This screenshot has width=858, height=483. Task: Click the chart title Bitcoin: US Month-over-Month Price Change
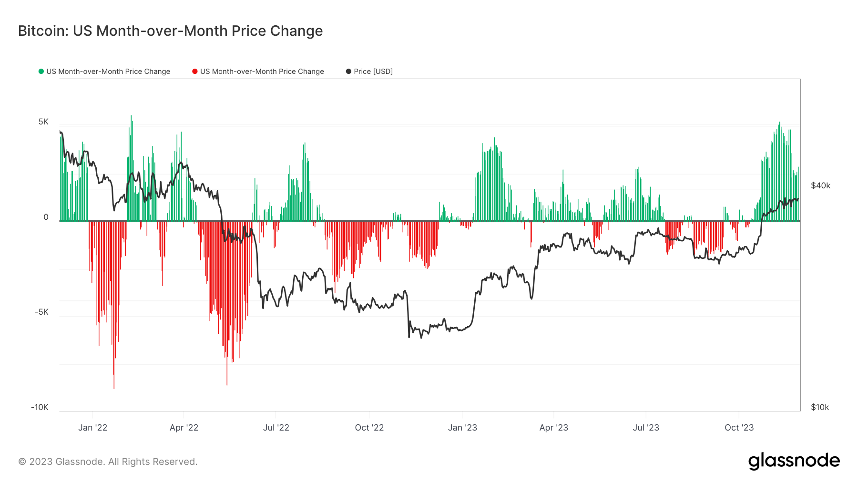point(170,31)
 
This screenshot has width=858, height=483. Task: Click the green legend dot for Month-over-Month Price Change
point(41,72)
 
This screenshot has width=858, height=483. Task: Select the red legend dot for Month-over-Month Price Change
point(194,72)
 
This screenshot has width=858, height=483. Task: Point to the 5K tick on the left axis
point(43,122)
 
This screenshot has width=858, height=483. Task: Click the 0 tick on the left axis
point(46,217)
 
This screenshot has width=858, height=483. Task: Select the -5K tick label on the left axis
point(41,312)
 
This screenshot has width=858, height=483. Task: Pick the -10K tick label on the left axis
point(40,408)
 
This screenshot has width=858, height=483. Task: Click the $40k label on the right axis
point(820,186)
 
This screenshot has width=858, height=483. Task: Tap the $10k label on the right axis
point(820,408)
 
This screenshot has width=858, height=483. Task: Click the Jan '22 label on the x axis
point(92,428)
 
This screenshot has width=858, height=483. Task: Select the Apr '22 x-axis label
point(184,428)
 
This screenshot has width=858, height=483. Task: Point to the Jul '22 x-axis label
point(276,428)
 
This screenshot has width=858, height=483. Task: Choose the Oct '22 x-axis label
point(369,428)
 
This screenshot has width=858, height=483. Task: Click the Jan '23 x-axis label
point(462,428)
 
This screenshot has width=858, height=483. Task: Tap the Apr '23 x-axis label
point(553,428)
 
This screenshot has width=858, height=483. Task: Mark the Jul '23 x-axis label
point(646,428)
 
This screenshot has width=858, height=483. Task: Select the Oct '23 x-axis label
point(739,428)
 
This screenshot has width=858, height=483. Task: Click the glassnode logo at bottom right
point(794,461)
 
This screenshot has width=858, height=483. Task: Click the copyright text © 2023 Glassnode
point(108,462)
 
